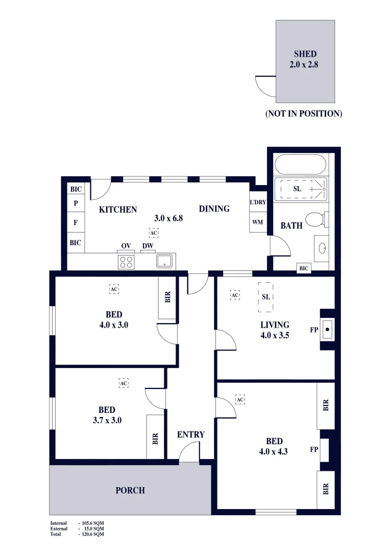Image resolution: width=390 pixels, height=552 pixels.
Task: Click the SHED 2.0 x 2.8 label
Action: pyautogui.click(x=305, y=59)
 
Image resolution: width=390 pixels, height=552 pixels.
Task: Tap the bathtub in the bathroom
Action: pyautogui.click(x=300, y=165)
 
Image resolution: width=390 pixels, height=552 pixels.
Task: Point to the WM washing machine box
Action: pyautogui.click(x=258, y=222)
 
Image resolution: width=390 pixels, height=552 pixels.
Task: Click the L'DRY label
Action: pyautogui.click(x=258, y=202)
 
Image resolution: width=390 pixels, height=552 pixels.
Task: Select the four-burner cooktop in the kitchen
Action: pyautogui.click(x=126, y=262)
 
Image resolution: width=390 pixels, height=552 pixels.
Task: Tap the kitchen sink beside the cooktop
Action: pyautogui.click(x=164, y=262)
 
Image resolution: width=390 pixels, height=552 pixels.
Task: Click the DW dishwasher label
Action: pyautogui.click(x=148, y=246)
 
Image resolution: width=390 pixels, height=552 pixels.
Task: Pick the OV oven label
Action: pyautogui.click(x=126, y=246)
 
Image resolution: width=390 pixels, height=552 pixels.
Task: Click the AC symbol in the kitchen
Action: pyautogui.click(x=154, y=233)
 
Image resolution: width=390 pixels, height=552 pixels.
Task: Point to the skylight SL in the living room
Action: pyautogui.click(x=265, y=297)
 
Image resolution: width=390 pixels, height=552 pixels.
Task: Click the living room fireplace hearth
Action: pyautogui.click(x=327, y=329)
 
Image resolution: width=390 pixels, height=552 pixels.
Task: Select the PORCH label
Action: pyautogui.click(x=130, y=490)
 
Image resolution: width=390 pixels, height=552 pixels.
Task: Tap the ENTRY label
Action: pyautogui.click(x=191, y=434)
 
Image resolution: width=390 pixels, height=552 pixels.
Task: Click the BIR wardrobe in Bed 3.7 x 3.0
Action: pyautogui.click(x=156, y=438)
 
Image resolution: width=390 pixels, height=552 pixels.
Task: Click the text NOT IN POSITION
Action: pyautogui.click(x=303, y=113)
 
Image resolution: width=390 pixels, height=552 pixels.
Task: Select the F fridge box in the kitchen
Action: pyautogui.click(x=76, y=223)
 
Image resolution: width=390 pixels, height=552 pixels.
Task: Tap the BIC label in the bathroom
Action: pyautogui.click(x=304, y=268)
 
